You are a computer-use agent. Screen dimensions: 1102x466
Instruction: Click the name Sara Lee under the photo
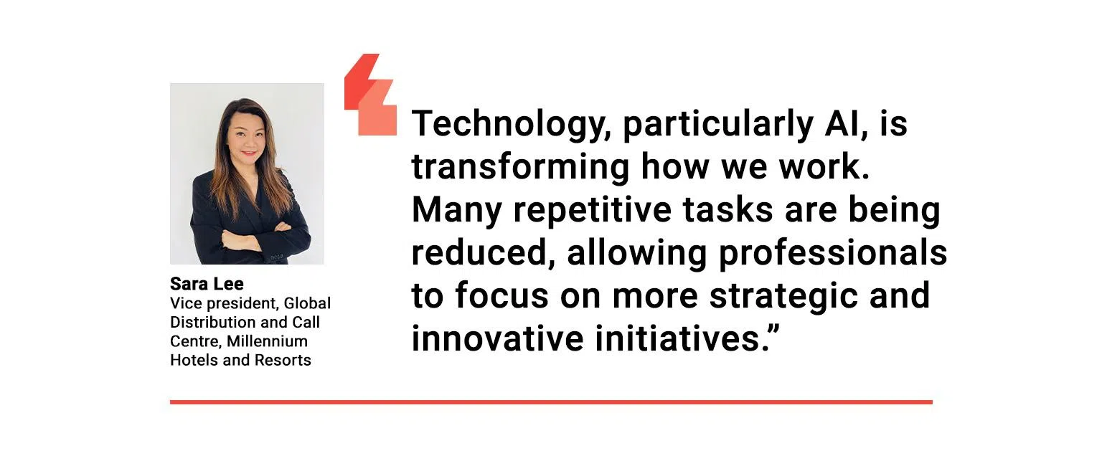207,284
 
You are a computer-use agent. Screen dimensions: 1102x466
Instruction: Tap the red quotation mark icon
370,95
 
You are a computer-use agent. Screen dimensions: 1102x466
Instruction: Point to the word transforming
520,167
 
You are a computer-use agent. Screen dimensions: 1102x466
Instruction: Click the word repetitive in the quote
593,210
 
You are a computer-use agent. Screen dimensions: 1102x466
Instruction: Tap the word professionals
833,254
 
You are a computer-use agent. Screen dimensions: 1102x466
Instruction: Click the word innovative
497,339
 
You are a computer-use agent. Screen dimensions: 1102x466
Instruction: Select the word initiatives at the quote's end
678,339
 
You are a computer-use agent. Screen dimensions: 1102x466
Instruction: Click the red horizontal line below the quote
551,402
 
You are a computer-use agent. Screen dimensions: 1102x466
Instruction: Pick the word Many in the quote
456,211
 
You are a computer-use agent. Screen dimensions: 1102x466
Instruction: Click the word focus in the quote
501,297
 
